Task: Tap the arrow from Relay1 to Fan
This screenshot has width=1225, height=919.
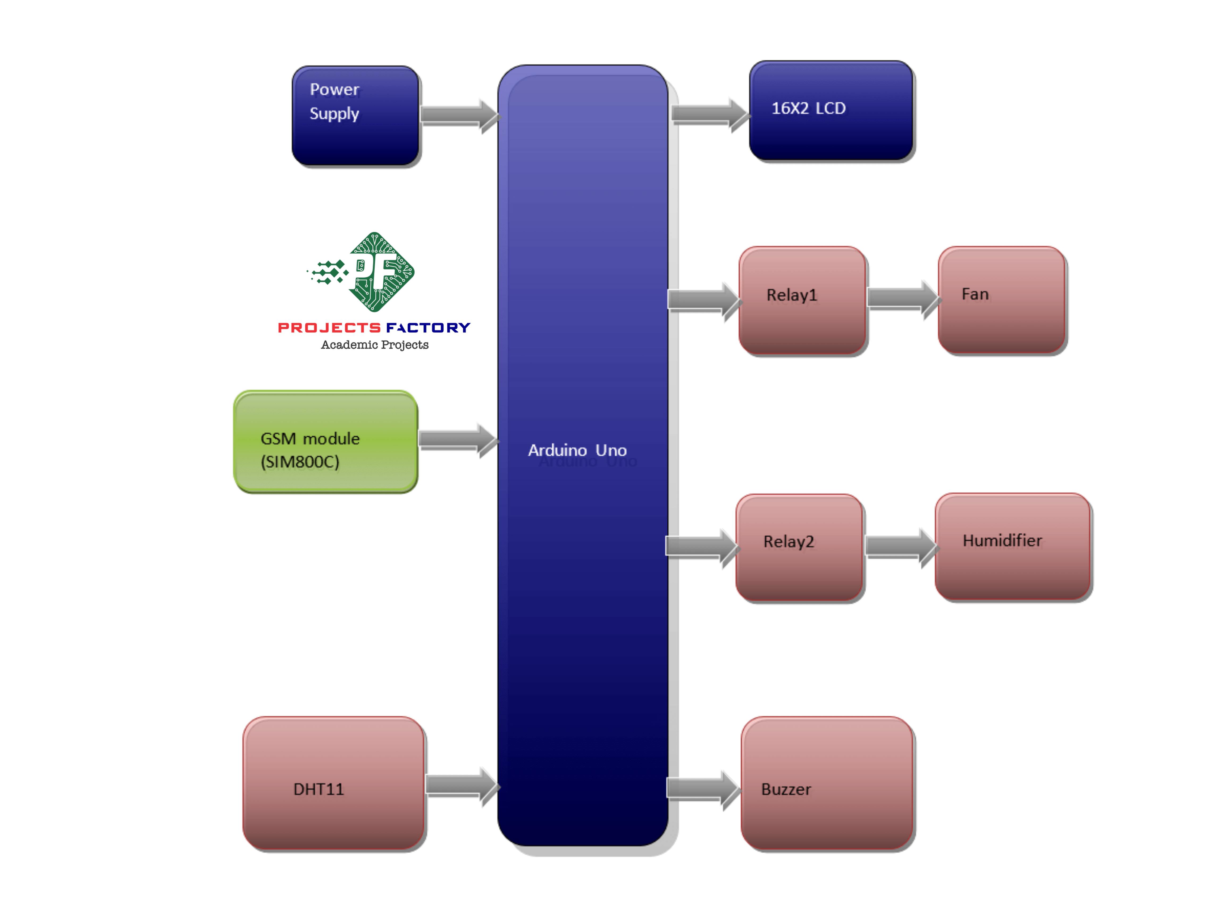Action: pyautogui.click(x=903, y=299)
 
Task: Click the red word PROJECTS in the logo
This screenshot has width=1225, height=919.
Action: pyautogui.click(x=329, y=328)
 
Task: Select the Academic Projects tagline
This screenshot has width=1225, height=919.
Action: pyautogui.click(x=375, y=345)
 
